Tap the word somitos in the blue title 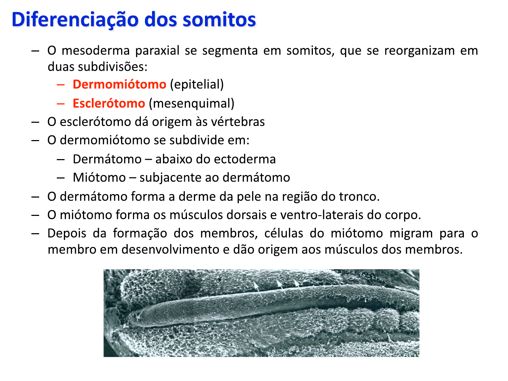click(219, 20)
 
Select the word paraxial click(157, 51)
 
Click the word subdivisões click(113, 67)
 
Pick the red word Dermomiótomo click(120, 84)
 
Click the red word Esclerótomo click(109, 103)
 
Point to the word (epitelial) click(197, 85)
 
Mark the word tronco click(359, 196)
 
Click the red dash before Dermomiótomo click(61, 85)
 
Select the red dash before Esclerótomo click(61, 104)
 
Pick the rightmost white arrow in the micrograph click(297, 286)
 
